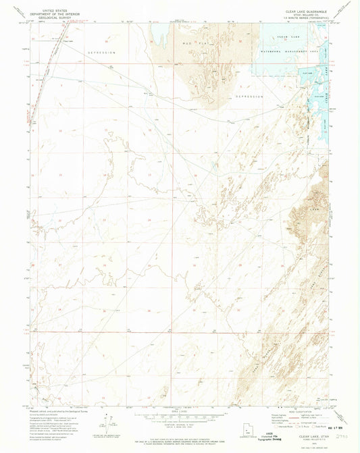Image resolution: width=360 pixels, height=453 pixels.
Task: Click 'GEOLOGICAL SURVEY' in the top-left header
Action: [x=53, y=16]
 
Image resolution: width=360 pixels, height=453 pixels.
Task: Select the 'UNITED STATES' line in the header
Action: [x=53, y=7]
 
